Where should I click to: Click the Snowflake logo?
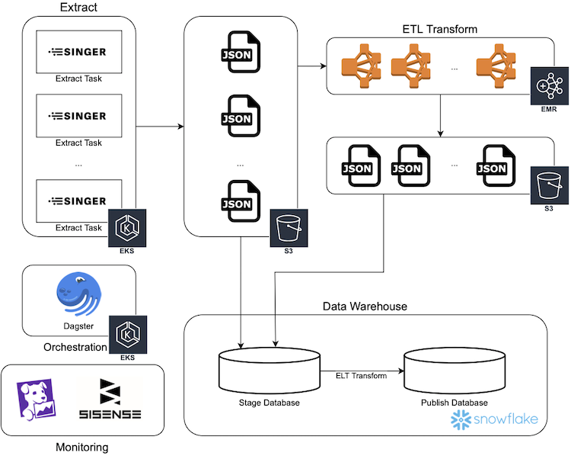495,419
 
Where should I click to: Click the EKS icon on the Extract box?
126,227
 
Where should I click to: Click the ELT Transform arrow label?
361,375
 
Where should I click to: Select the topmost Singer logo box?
79,52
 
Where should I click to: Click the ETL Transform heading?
439,30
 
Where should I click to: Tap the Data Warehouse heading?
365,307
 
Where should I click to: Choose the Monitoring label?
82,448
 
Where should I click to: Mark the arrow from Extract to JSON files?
159,125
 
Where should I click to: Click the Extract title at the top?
79,8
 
